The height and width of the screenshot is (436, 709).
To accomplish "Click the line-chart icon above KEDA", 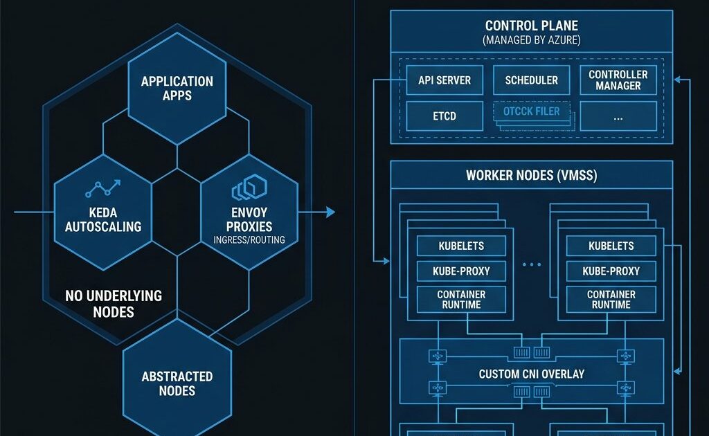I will click(x=102, y=189).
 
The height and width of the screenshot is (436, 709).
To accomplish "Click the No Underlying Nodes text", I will click(x=113, y=303).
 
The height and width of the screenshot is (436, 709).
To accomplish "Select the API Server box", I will click(x=444, y=80).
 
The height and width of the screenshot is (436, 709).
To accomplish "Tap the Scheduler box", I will click(x=531, y=80).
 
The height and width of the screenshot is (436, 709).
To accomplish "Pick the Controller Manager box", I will click(x=618, y=80).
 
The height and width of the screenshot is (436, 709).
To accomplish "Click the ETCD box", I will click(x=444, y=116).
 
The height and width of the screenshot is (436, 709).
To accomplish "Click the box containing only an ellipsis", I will click(x=618, y=116).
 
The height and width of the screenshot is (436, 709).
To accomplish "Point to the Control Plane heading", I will click(x=531, y=26).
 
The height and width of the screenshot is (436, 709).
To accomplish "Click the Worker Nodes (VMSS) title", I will click(x=531, y=175).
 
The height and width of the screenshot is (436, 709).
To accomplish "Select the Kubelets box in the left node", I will click(x=461, y=246).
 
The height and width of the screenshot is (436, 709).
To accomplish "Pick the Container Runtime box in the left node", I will click(x=461, y=299).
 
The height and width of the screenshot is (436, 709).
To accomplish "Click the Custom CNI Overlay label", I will click(x=531, y=374).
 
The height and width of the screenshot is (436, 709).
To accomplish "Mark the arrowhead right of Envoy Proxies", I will click(x=330, y=212).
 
